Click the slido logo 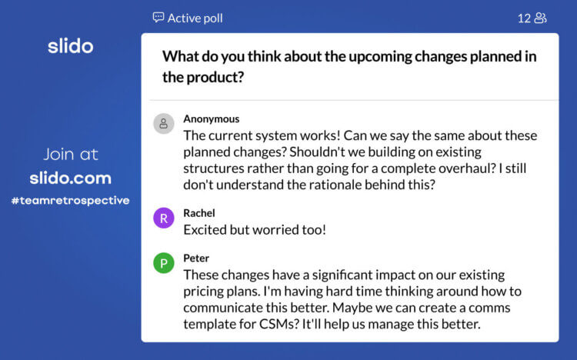pos(70,46)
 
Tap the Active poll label pos(195,17)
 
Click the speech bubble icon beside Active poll pos(158,17)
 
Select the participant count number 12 pos(524,18)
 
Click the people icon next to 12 pos(541,18)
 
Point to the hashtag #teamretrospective pos(70,201)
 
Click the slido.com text pos(70,178)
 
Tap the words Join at pos(70,155)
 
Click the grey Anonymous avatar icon pos(163,124)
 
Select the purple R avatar pos(163,218)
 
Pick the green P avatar pos(163,264)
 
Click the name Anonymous pos(211,118)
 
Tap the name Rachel pos(198,212)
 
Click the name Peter pos(196,258)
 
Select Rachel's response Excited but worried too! pos(255,228)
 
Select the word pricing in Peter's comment pos(206,291)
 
